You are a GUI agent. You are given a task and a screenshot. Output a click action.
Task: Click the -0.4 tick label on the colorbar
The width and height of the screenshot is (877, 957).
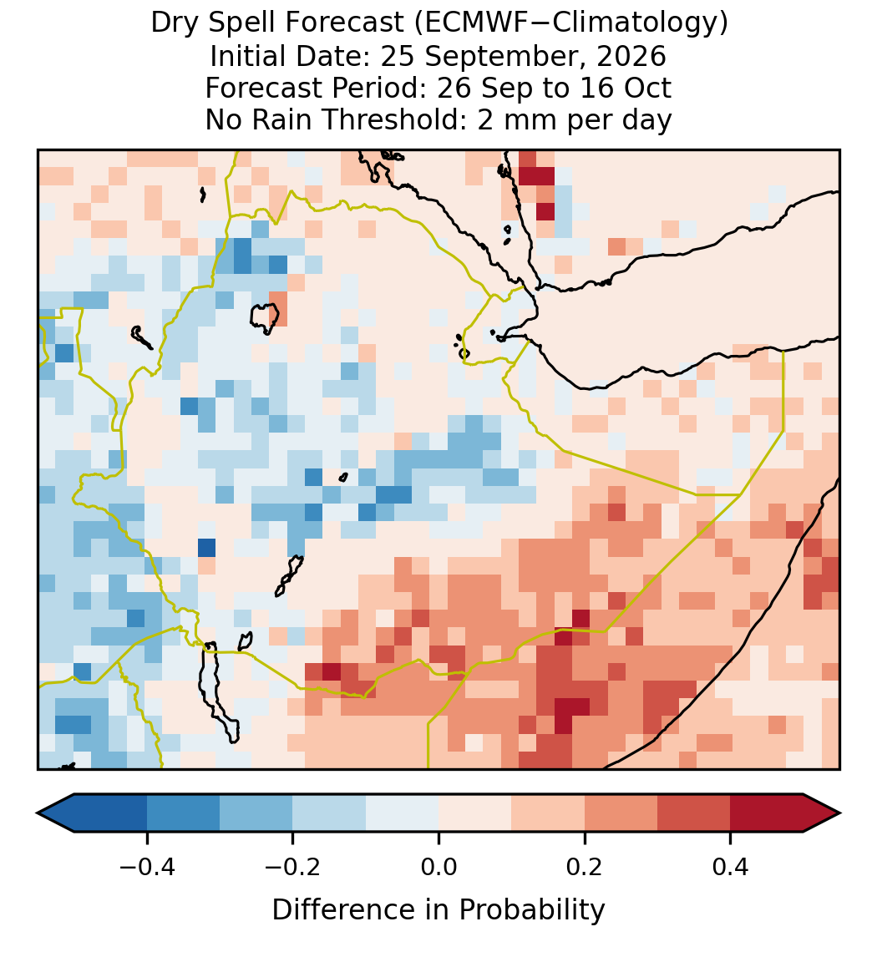coord(147,867)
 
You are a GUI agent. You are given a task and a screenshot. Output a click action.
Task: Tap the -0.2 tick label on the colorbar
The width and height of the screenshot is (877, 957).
coord(293,867)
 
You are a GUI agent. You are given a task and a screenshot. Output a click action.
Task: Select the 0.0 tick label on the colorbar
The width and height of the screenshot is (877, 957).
coord(438,867)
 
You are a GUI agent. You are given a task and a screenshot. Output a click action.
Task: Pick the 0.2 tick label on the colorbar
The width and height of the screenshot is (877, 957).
coord(585,867)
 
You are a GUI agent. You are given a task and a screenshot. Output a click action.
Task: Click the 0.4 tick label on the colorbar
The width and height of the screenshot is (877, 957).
coord(731,867)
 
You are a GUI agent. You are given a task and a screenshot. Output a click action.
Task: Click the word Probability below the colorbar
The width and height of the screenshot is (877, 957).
coord(531,910)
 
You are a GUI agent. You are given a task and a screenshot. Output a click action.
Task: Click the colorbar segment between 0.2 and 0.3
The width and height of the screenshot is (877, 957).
coord(621,813)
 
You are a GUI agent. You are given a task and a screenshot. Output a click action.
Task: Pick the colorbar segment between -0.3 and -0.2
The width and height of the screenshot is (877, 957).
coord(256,813)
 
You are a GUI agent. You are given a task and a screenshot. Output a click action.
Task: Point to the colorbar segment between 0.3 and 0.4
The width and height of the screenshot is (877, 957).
coord(694,813)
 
